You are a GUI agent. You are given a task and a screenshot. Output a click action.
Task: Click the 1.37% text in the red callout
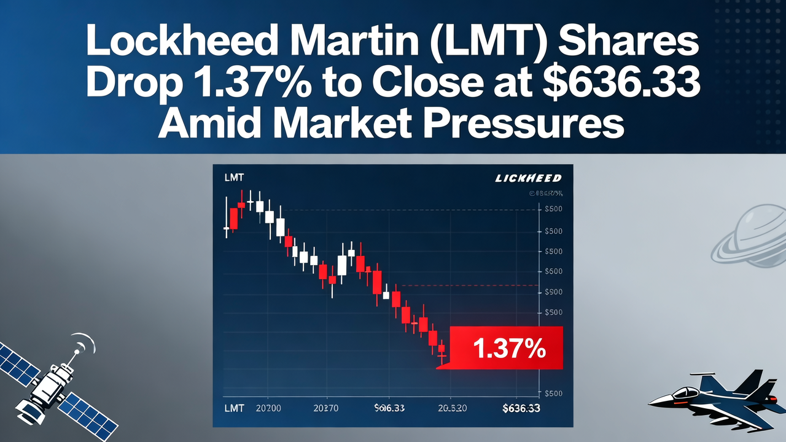pos(509,349)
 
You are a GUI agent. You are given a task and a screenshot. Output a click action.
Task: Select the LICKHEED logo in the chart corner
pos(528,178)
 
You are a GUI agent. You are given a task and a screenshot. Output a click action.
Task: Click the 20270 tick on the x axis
pos(326,408)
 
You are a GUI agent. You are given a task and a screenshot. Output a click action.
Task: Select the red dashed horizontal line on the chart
pos(467,285)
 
